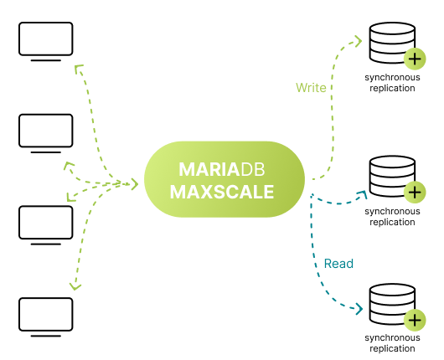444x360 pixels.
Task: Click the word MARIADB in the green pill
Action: (222, 169)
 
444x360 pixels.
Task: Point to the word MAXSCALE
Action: (222, 192)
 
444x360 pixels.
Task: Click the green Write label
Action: (311, 87)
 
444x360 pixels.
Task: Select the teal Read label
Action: (338, 264)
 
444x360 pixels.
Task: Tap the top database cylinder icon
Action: (392, 43)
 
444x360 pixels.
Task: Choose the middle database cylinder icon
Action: (392, 176)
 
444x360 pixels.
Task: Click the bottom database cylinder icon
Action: (392, 304)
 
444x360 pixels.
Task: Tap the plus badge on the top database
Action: (415, 59)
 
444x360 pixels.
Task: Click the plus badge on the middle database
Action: (415, 193)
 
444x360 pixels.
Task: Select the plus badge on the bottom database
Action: (415, 321)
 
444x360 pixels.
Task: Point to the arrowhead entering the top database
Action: (359, 41)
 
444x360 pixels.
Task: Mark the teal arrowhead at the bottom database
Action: (359, 309)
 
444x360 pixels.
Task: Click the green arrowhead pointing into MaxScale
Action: (135, 184)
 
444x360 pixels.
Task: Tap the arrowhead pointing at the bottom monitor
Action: (75, 286)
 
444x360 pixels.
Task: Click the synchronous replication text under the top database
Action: (392, 83)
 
